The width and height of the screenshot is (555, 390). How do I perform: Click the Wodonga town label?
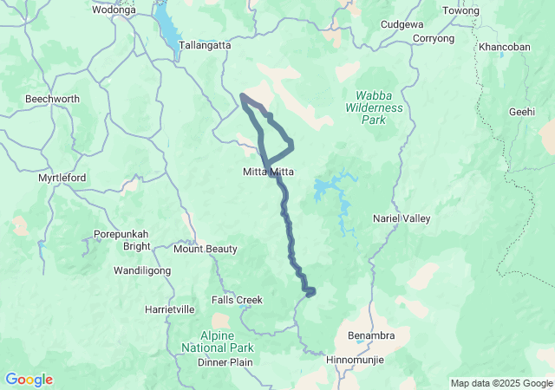pyautogui.click(x=114, y=10)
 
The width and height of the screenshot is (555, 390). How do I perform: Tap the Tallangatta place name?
pyautogui.click(x=204, y=45)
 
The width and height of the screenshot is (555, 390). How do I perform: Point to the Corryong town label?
pyautogui.click(x=434, y=39)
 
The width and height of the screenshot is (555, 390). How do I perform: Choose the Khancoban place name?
pyautogui.click(x=505, y=46)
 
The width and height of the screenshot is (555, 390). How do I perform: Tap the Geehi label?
pyautogui.click(x=522, y=112)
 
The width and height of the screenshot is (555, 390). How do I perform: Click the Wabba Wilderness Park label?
pyautogui.click(x=380, y=108)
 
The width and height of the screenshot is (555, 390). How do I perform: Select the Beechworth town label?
pyautogui.click(x=52, y=100)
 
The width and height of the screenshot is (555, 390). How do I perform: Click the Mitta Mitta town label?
pyautogui.click(x=268, y=172)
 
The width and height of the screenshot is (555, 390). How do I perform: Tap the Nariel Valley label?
pyautogui.click(x=401, y=219)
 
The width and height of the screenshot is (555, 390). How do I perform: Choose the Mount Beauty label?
pyautogui.click(x=206, y=249)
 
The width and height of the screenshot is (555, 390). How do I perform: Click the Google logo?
pyautogui.click(x=29, y=380)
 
